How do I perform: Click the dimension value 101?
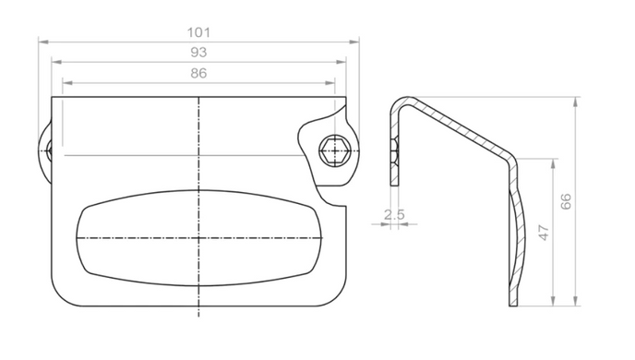198,32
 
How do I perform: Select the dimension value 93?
198,53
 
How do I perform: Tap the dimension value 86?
198,73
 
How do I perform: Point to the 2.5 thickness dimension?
394,214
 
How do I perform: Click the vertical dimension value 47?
544,233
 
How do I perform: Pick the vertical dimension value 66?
566,201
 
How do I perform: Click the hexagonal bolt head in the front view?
334,150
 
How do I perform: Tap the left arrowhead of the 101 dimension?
43,42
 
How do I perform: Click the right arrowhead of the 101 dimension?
353,42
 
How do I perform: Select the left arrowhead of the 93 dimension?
56,62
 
